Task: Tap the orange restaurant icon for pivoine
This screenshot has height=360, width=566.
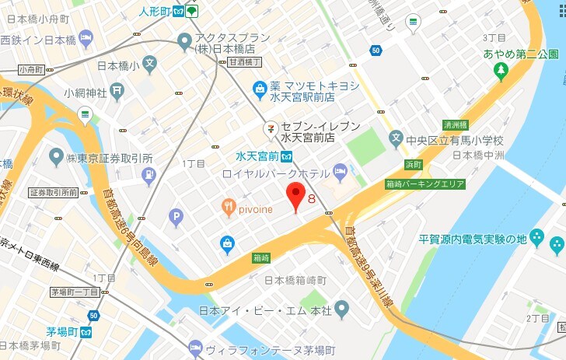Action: pos(229,206)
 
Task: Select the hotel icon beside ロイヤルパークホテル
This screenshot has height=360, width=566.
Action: pos(340,170)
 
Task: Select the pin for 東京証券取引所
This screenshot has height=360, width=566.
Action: pos(55,158)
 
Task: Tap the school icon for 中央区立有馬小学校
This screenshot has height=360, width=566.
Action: pos(397,141)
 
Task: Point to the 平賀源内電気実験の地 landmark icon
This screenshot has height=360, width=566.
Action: pos(557,246)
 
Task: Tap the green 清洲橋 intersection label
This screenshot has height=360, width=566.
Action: pos(454,124)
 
